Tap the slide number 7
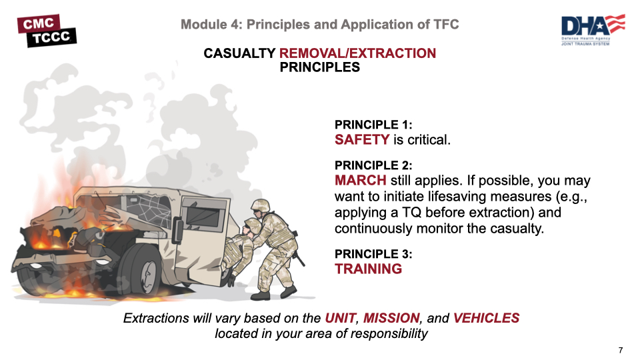pyautogui.click(x=621, y=351)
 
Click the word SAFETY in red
pyautogui.click(x=361, y=139)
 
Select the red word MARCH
pyautogui.click(x=360, y=180)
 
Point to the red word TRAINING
pyautogui.click(x=368, y=269)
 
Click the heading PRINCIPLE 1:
pyautogui.click(x=373, y=125)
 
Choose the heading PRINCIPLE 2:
pyautogui.click(x=373, y=165)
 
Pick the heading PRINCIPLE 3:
pyautogui.click(x=373, y=254)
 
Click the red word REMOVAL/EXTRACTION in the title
pyautogui.click(x=357, y=53)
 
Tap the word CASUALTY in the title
pyautogui.click(x=239, y=53)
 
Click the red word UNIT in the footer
pyautogui.click(x=340, y=319)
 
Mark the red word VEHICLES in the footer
pyautogui.click(x=486, y=319)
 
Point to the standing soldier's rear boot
pyautogui.click(x=288, y=291)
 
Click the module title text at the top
pyautogui.click(x=320, y=25)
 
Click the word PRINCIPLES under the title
pyautogui.click(x=320, y=67)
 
